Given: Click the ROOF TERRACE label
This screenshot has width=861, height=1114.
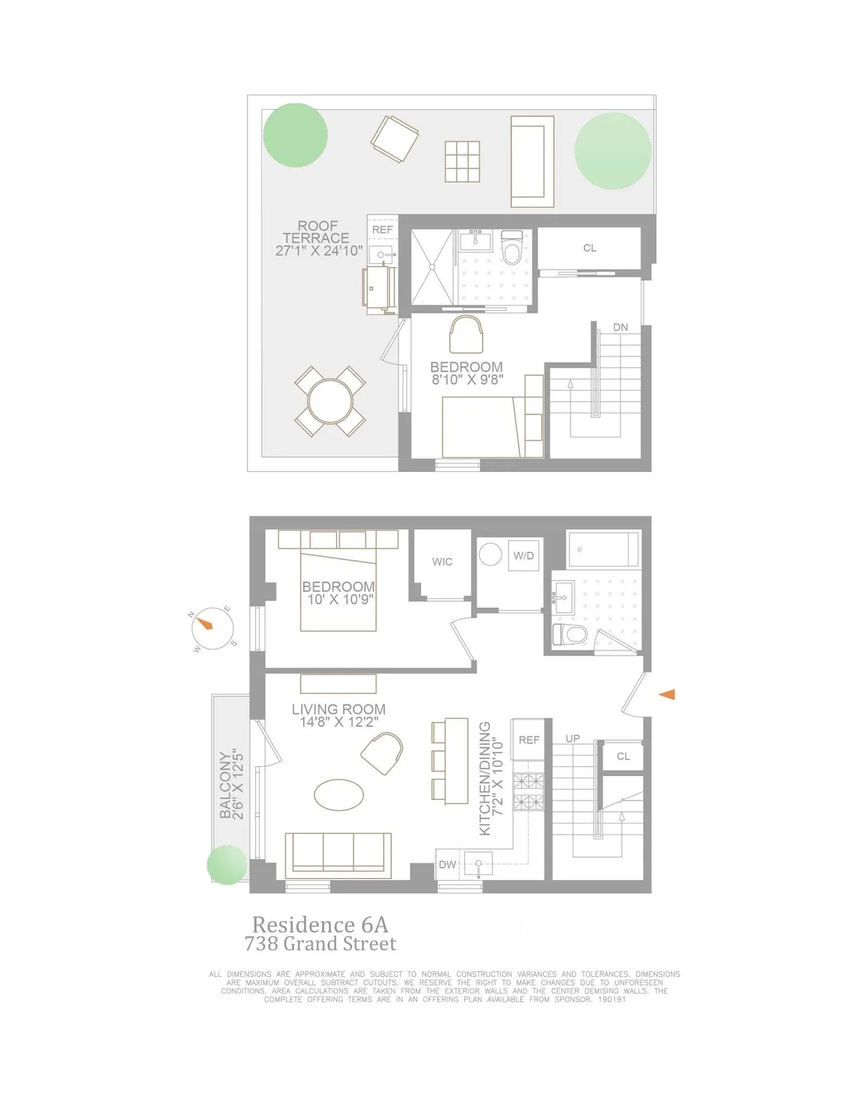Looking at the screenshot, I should pyautogui.click(x=316, y=232).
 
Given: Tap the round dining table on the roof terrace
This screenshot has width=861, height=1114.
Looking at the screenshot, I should pyautogui.click(x=329, y=400).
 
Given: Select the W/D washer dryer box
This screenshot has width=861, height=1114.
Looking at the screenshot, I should pyautogui.click(x=523, y=556).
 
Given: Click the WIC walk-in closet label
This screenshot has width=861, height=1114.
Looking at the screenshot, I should pyautogui.click(x=442, y=562).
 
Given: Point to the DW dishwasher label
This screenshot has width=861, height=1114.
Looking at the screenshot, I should pyautogui.click(x=447, y=864).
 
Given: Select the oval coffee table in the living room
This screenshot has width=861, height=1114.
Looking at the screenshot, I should pyautogui.click(x=339, y=795).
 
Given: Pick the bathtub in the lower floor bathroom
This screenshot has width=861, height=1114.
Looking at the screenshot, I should pyautogui.click(x=603, y=549).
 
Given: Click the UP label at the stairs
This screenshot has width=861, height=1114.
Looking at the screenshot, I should pyautogui.click(x=573, y=738).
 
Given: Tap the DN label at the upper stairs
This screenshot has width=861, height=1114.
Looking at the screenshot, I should pyautogui.click(x=620, y=327).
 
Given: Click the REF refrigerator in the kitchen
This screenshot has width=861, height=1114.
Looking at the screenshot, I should pyautogui.click(x=529, y=740).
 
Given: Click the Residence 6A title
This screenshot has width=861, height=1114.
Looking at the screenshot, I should pyautogui.click(x=320, y=924).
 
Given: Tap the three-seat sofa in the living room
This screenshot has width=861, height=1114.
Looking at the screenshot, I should pyautogui.click(x=338, y=855).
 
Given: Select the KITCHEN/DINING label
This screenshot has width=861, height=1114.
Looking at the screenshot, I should pyautogui.click(x=485, y=778).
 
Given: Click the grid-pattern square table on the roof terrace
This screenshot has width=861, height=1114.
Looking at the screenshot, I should pyautogui.click(x=462, y=161).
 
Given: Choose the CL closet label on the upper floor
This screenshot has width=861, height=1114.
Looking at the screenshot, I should pyautogui.click(x=589, y=248).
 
